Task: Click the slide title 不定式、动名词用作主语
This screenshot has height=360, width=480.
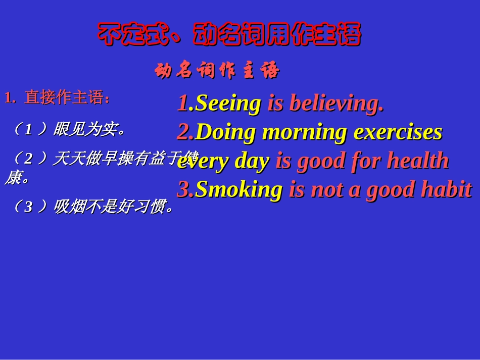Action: tap(229, 35)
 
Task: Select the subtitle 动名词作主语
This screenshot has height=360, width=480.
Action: tap(217, 71)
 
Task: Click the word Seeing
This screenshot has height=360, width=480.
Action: tap(228, 103)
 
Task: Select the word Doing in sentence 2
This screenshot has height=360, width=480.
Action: tap(226, 132)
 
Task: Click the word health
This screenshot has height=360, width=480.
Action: tap(418, 162)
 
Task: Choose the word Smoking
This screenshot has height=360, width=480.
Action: tap(238, 190)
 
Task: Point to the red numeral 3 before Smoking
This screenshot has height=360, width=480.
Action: tap(183, 190)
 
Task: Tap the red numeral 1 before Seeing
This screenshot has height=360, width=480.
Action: tap(182, 103)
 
